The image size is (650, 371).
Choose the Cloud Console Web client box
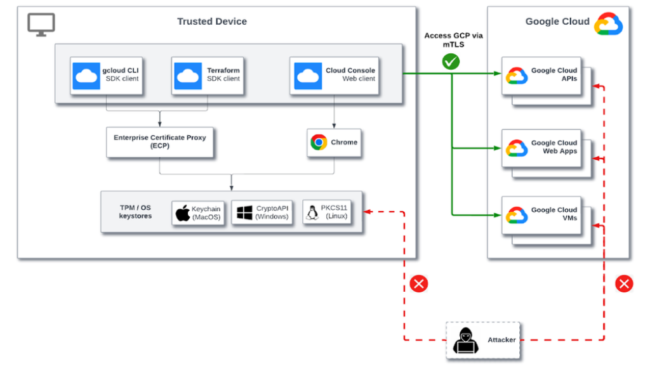(x=335, y=75)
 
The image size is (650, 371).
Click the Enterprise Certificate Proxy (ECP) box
(x=159, y=141)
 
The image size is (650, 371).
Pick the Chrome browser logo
(x=319, y=143)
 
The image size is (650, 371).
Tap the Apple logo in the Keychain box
(x=183, y=213)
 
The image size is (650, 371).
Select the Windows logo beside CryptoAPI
(x=244, y=213)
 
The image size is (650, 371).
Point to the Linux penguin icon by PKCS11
(x=312, y=213)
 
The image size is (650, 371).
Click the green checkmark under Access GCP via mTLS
(x=451, y=62)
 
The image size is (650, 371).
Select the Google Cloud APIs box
(x=542, y=75)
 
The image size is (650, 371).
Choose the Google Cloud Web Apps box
(x=542, y=148)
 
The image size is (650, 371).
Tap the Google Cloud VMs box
(x=542, y=215)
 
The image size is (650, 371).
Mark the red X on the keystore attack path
(x=418, y=283)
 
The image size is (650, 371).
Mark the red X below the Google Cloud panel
(x=624, y=283)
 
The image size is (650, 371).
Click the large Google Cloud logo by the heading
(x=608, y=23)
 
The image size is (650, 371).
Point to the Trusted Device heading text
(x=212, y=22)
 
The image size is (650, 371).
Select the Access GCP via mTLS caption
(x=453, y=40)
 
